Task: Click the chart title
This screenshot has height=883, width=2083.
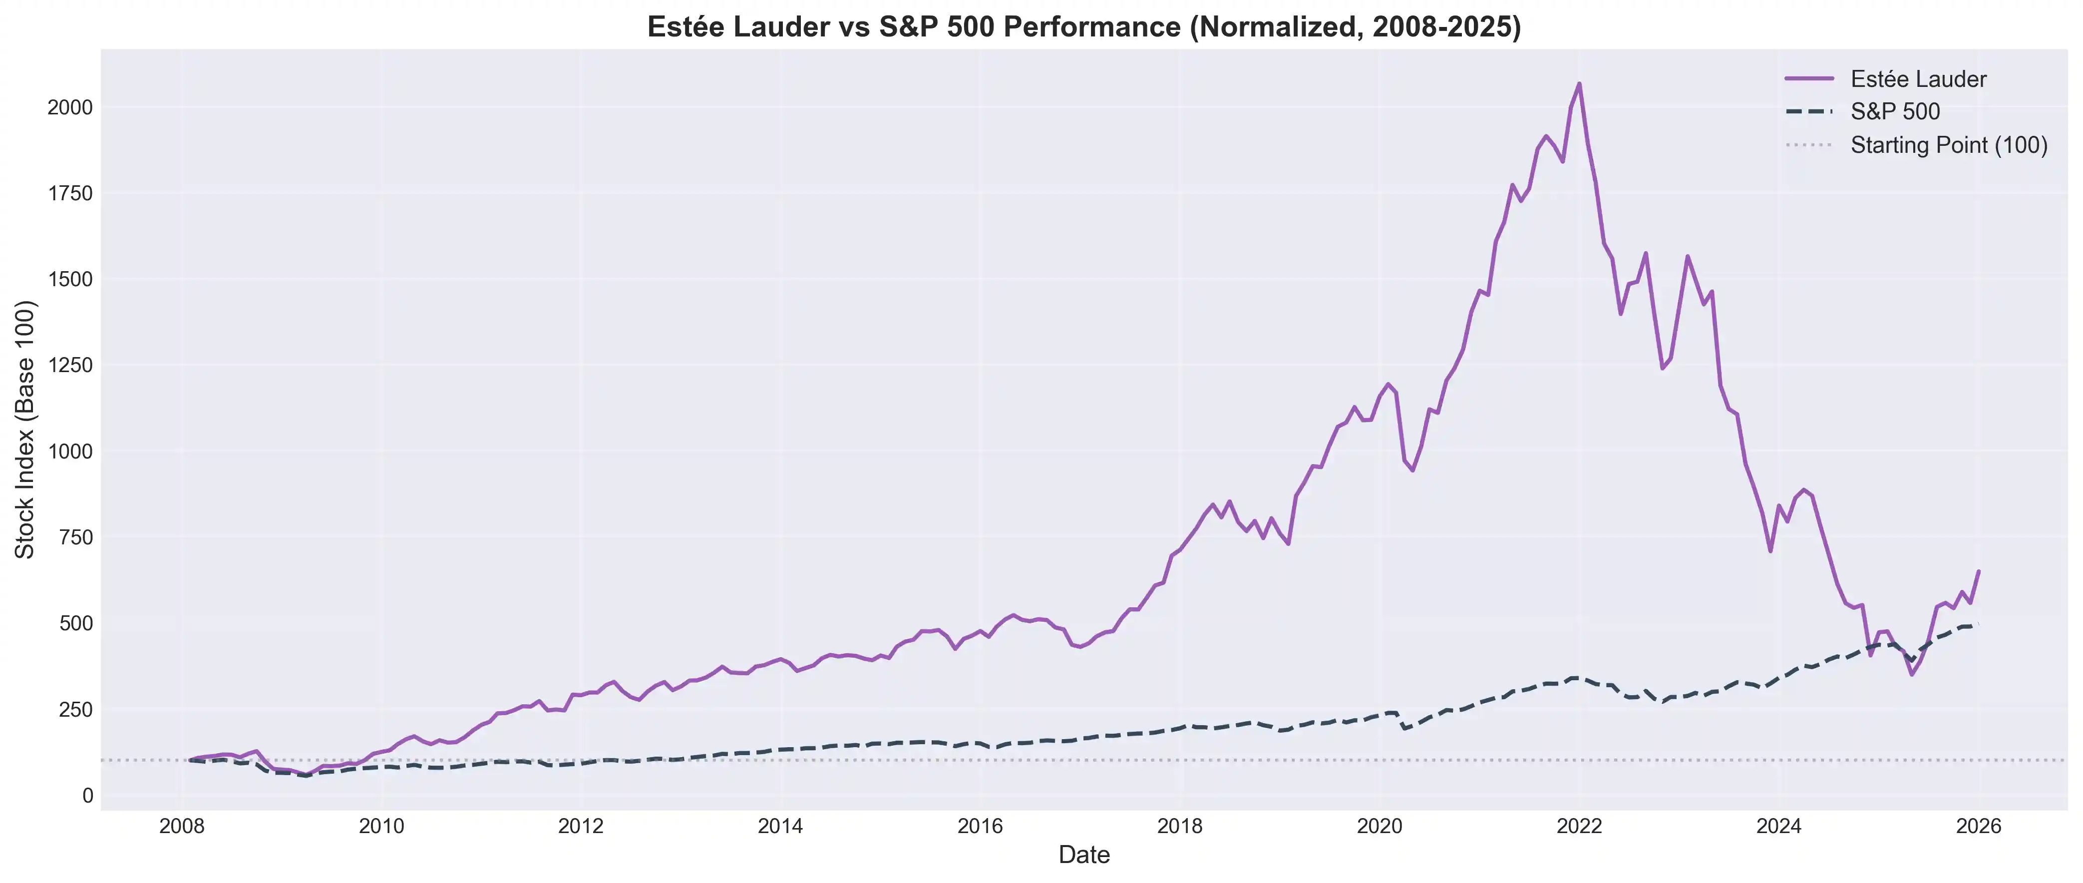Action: coord(1083,26)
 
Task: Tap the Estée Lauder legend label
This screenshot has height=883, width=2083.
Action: coord(1918,79)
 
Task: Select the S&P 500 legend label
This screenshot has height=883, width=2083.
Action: coord(1895,111)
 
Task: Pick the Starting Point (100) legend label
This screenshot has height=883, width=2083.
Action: coord(1949,145)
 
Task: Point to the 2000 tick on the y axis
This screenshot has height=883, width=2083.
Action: coord(70,107)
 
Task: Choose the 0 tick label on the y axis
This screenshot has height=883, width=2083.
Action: coord(87,796)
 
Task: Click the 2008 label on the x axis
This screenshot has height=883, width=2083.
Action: coord(182,827)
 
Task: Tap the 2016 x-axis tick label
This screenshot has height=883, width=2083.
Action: coord(980,827)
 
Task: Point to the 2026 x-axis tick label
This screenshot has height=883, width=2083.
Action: coord(1978,827)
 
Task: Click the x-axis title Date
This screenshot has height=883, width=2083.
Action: coord(1083,855)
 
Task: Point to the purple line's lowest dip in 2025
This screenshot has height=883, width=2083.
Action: coord(1912,674)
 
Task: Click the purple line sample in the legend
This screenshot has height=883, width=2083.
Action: coord(1809,78)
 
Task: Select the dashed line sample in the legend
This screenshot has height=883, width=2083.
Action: coord(1809,111)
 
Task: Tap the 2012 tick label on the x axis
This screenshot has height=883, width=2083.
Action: coord(581,827)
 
